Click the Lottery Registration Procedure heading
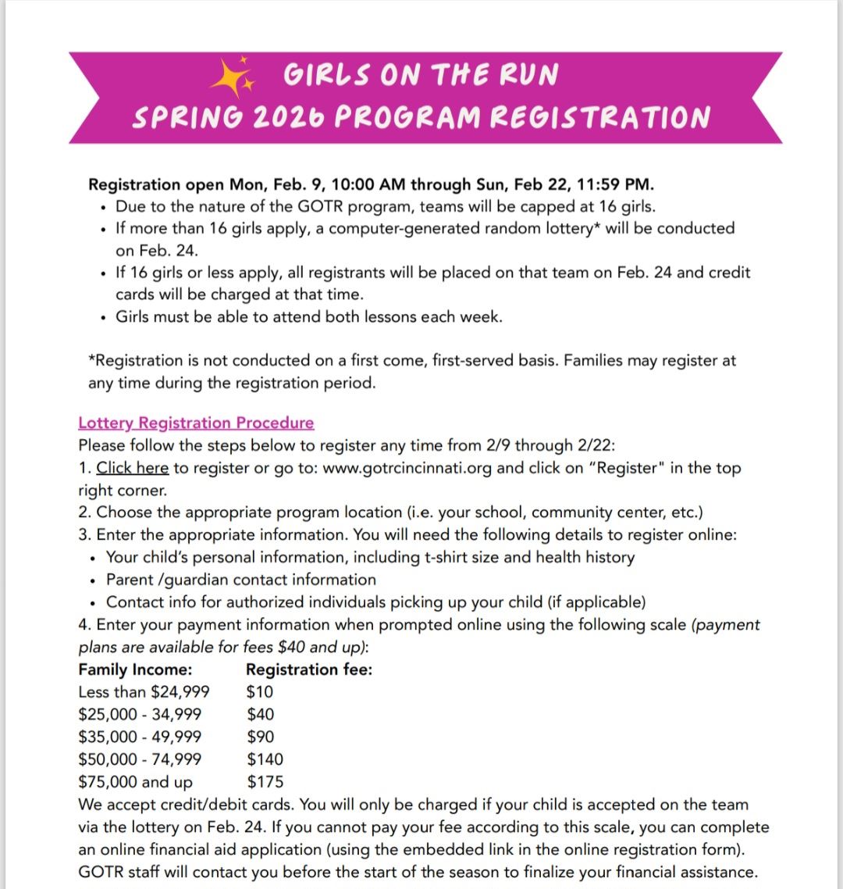(x=196, y=423)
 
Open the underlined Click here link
(x=132, y=468)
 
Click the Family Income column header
(x=135, y=669)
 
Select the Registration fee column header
(x=309, y=669)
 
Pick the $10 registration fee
(x=260, y=692)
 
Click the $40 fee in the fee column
(x=261, y=714)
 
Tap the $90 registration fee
(x=261, y=737)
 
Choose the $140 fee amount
(x=265, y=759)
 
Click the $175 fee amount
(x=265, y=782)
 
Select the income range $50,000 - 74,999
(x=140, y=759)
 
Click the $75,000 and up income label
(x=135, y=782)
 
